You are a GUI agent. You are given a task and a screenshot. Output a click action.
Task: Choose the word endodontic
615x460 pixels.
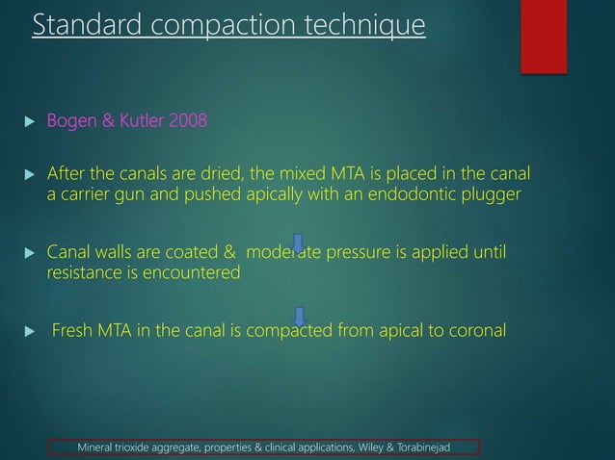(390, 194)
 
